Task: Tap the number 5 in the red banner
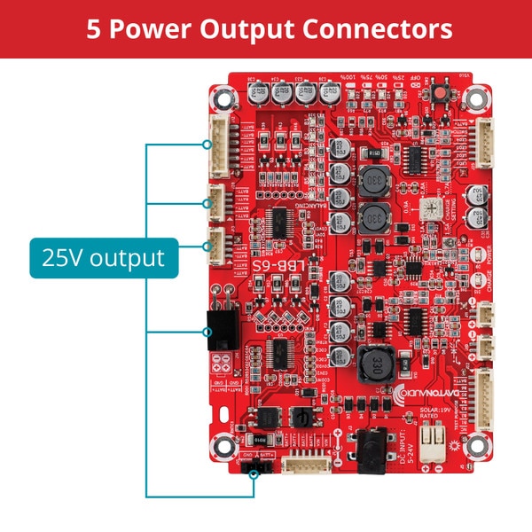pos(94,28)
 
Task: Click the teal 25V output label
pos(103,258)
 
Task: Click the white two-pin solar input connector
pos(432,442)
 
